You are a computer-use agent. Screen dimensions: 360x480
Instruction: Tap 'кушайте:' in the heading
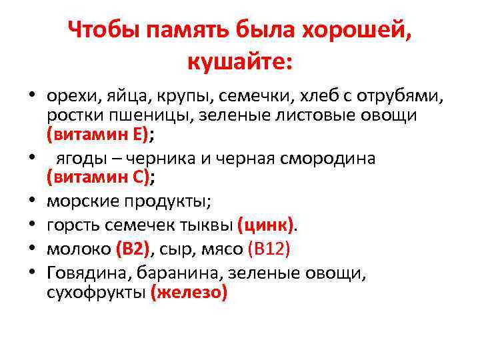(x=239, y=62)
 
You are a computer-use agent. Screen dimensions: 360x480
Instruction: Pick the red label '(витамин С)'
(x=97, y=177)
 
